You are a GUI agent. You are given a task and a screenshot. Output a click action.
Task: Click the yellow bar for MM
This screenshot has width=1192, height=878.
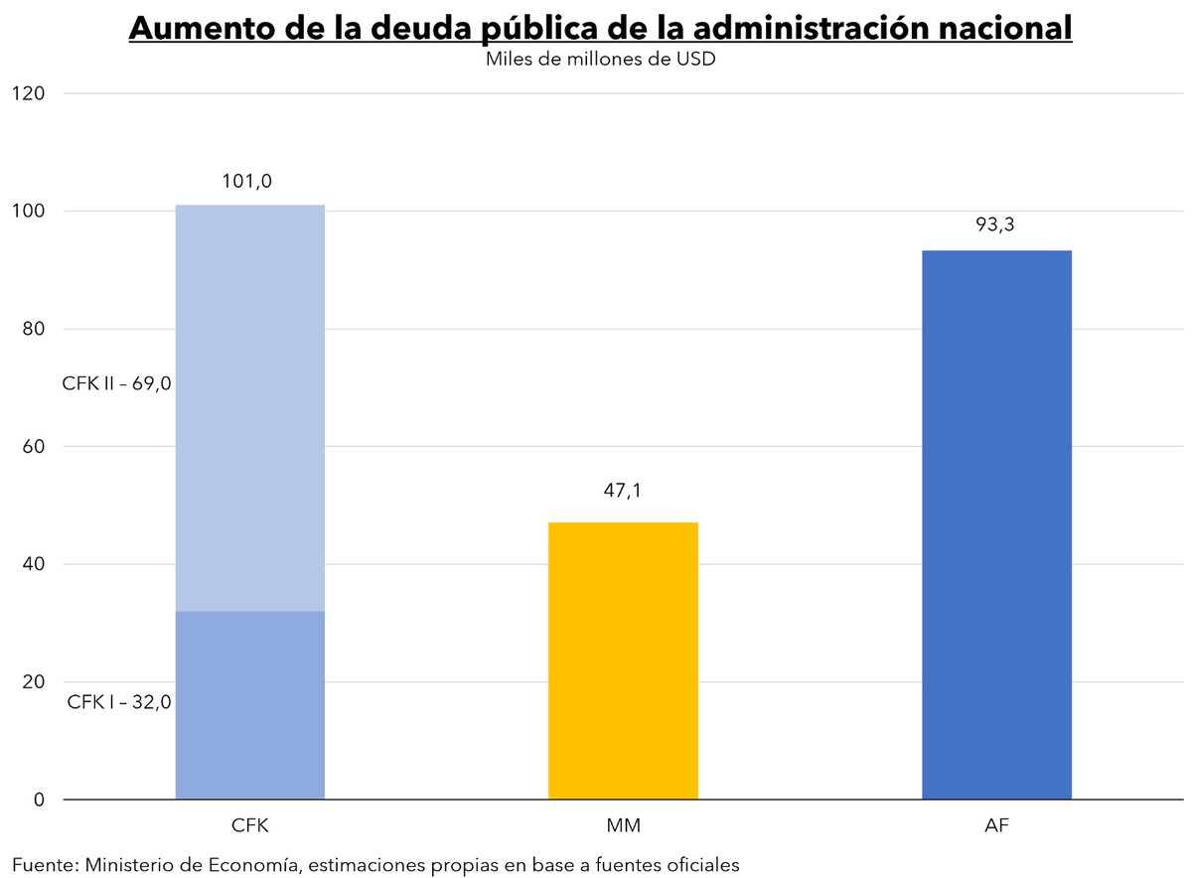(623, 660)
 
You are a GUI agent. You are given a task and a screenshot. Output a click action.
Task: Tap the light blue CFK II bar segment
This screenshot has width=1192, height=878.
(249, 407)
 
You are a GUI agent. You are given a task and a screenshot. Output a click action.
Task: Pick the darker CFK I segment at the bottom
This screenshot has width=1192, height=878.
(249, 705)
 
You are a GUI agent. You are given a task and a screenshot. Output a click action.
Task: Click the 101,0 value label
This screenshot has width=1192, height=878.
(249, 182)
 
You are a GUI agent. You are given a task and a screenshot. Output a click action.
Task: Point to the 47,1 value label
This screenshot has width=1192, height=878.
(623, 490)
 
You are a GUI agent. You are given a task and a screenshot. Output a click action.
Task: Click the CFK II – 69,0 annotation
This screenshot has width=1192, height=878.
(117, 383)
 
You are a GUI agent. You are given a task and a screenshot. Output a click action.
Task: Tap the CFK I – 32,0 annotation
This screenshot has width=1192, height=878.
(119, 702)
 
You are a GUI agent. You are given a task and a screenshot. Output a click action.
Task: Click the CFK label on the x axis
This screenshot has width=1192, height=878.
(249, 826)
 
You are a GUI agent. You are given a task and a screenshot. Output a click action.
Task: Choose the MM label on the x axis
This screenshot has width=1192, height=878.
(623, 826)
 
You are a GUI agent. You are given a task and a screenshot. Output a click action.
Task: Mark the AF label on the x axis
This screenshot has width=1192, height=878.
(996, 826)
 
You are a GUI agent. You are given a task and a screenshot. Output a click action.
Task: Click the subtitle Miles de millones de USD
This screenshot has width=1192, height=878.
(601, 60)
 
